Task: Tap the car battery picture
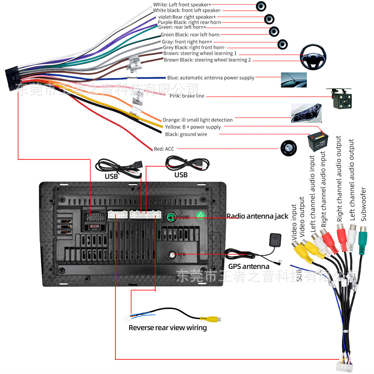318,142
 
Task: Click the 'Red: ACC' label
164,149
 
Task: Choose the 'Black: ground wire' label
186,134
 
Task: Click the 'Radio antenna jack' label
257,216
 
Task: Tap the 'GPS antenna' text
248,267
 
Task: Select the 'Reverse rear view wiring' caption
168,328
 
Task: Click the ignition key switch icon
289,148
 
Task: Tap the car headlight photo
306,113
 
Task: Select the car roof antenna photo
294,80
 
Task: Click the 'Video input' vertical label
294,222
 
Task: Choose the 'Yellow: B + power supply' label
193,127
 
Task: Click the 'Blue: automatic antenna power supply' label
211,78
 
